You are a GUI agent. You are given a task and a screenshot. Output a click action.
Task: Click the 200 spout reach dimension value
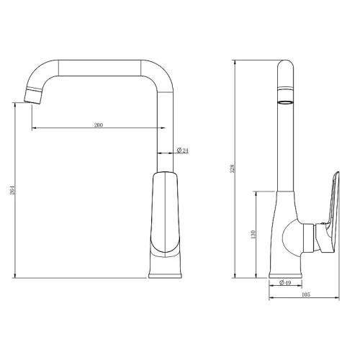(x=99, y=125)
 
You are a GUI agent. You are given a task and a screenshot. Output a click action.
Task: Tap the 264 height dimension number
(x=12, y=190)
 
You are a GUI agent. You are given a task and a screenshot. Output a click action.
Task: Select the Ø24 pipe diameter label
(x=183, y=150)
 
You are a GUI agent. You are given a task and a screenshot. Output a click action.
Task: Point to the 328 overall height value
(x=232, y=168)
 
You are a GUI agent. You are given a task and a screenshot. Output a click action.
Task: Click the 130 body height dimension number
(x=253, y=234)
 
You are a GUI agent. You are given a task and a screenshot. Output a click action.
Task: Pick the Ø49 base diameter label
(x=285, y=282)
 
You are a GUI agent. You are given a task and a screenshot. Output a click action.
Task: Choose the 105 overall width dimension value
(x=305, y=294)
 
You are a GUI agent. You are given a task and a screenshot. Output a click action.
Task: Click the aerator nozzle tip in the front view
(x=34, y=96)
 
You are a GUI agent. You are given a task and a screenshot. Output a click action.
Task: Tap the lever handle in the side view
(x=329, y=213)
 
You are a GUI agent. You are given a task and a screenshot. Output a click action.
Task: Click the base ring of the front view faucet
(x=165, y=275)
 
